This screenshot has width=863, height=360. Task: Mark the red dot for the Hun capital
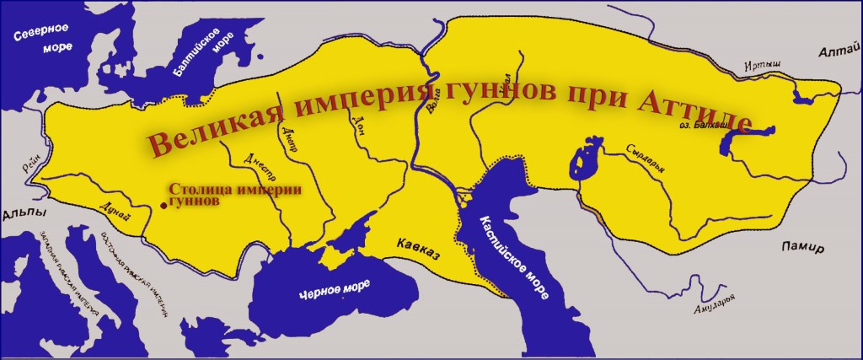coord(163,204)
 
